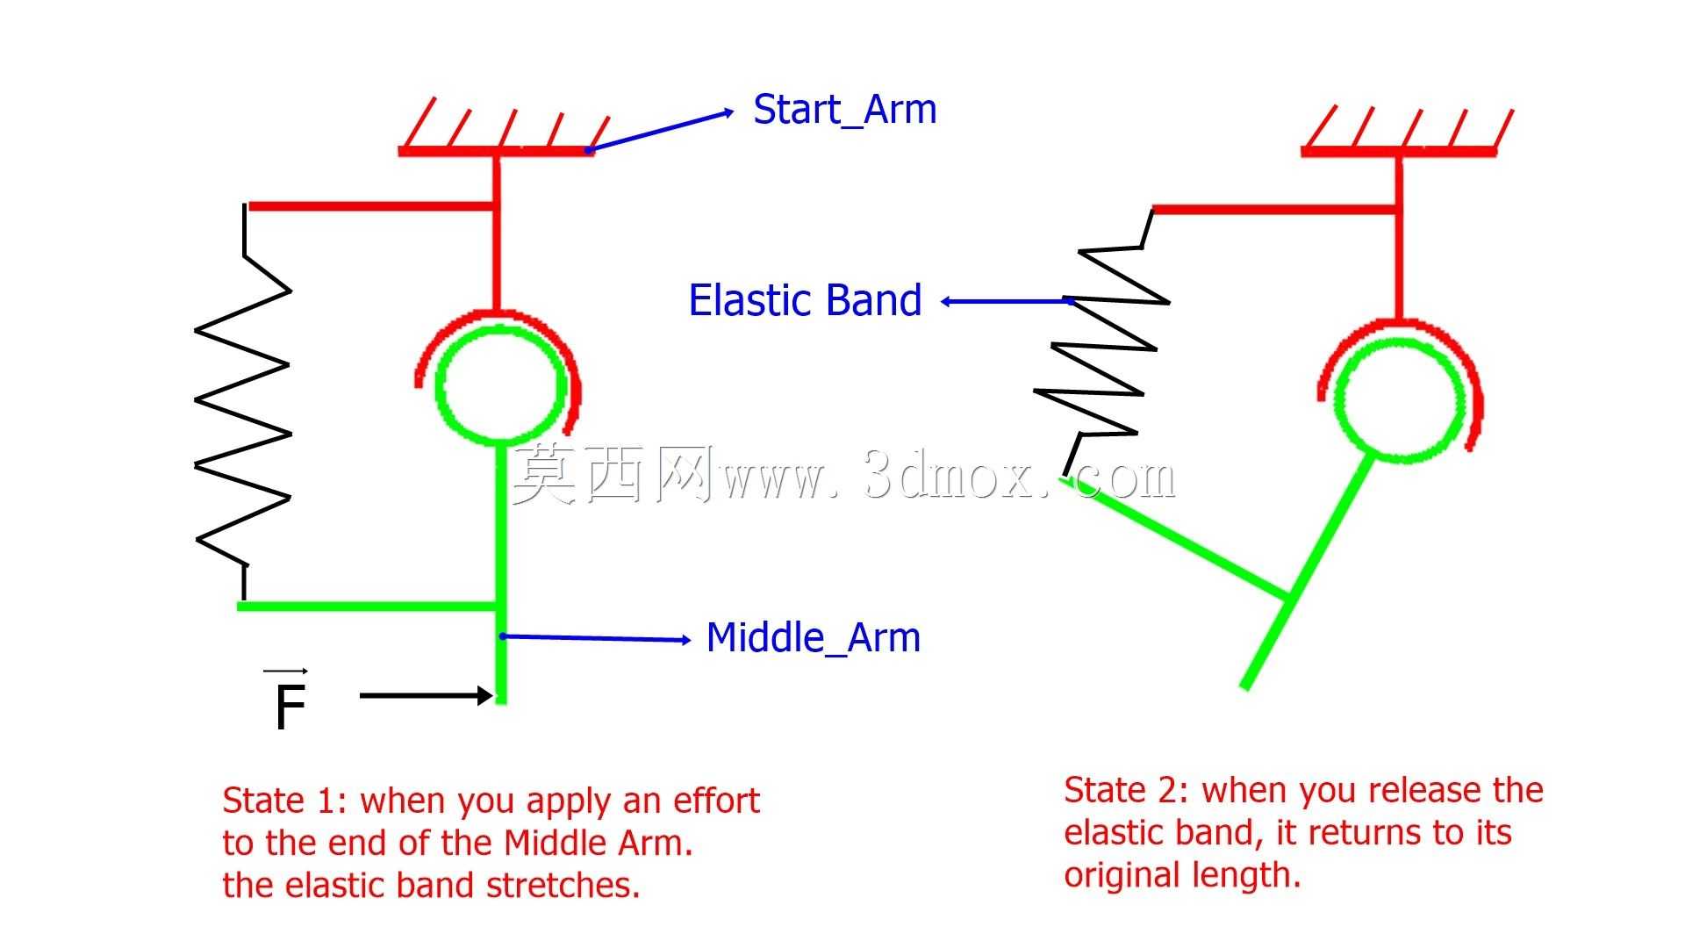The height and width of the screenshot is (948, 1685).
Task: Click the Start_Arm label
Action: [x=845, y=111]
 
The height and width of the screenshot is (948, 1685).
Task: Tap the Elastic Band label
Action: [x=805, y=300]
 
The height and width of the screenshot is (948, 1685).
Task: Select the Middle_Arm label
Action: [x=814, y=638]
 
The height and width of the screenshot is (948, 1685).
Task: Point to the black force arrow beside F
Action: [x=427, y=696]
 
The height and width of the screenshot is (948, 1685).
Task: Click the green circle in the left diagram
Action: [x=439, y=384]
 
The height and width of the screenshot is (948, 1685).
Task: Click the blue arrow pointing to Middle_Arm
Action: [x=595, y=638]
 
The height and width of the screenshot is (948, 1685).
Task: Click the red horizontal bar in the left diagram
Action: [x=372, y=207]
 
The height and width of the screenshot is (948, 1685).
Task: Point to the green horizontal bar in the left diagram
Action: [x=368, y=606]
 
